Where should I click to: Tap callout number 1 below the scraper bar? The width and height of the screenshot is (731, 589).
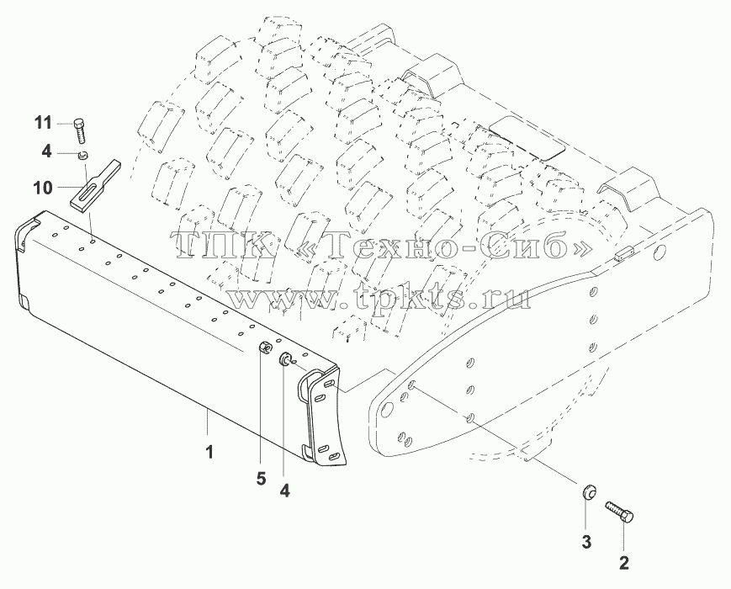point(209,452)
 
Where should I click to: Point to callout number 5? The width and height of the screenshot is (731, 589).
point(261,479)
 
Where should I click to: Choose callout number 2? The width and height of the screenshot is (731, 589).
point(624,563)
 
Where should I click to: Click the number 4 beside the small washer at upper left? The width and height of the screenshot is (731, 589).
point(46,152)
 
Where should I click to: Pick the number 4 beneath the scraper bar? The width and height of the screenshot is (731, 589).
point(284,491)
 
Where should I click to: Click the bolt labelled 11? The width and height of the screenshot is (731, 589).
point(80,131)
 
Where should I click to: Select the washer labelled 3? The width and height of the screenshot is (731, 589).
point(588,493)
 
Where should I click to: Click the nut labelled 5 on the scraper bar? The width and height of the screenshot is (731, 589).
point(265,348)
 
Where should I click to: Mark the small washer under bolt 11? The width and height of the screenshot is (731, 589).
point(83,156)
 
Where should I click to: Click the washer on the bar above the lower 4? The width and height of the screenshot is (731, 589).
point(284,359)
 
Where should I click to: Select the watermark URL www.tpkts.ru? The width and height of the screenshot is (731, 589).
point(379,296)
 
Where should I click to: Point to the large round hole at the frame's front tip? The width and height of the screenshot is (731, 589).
point(386,411)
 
